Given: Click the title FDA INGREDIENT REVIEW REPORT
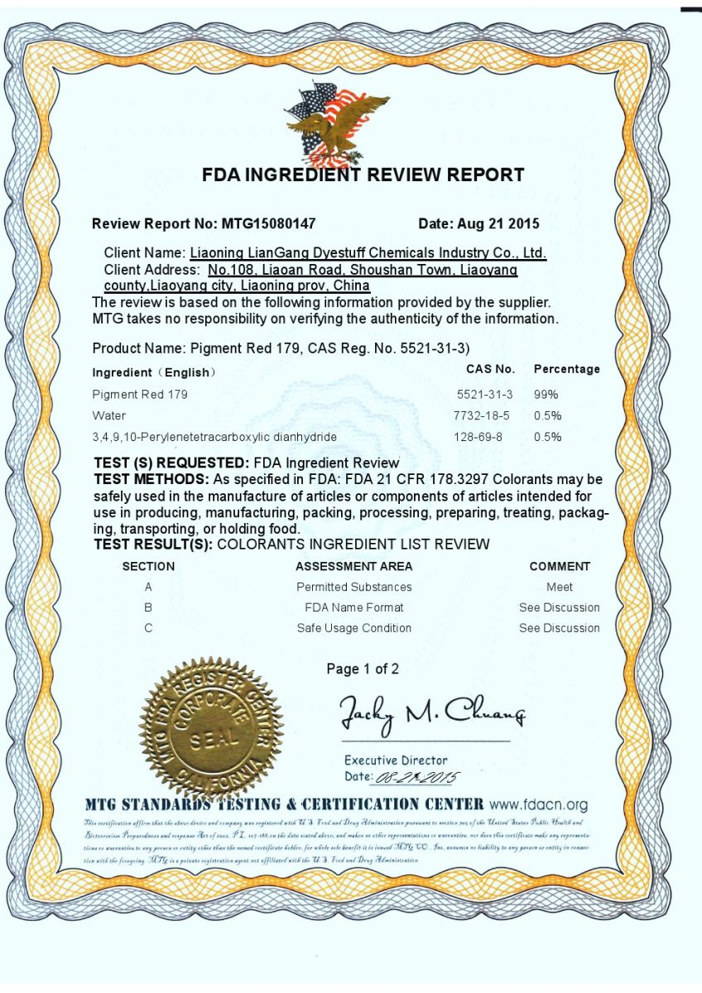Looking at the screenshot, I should pyautogui.click(x=363, y=175).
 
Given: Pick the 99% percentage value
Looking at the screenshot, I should pyautogui.click(x=546, y=395).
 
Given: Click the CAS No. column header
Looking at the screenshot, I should pyautogui.click(x=490, y=369).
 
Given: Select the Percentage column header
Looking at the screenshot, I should pyautogui.click(x=567, y=369).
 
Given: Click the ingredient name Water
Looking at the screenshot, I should pyautogui.click(x=109, y=415).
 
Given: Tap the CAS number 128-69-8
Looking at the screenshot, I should pyautogui.click(x=478, y=436).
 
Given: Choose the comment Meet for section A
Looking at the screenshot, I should pyautogui.click(x=560, y=587).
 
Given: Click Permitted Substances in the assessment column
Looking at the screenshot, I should pyautogui.click(x=353, y=587).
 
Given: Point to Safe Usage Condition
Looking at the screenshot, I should pyautogui.click(x=353, y=628).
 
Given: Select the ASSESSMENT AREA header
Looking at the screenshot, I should pyautogui.click(x=353, y=567).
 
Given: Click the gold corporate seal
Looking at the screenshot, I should pyautogui.click(x=211, y=728).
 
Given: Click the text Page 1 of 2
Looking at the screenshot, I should pyautogui.click(x=363, y=669).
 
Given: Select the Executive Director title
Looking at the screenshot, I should pyautogui.click(x=396, y=760).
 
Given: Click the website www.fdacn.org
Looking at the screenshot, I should pyautogui.click(x=538, y=804).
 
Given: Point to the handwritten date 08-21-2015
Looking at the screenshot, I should pyautogui.click(x=417, y=777).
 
